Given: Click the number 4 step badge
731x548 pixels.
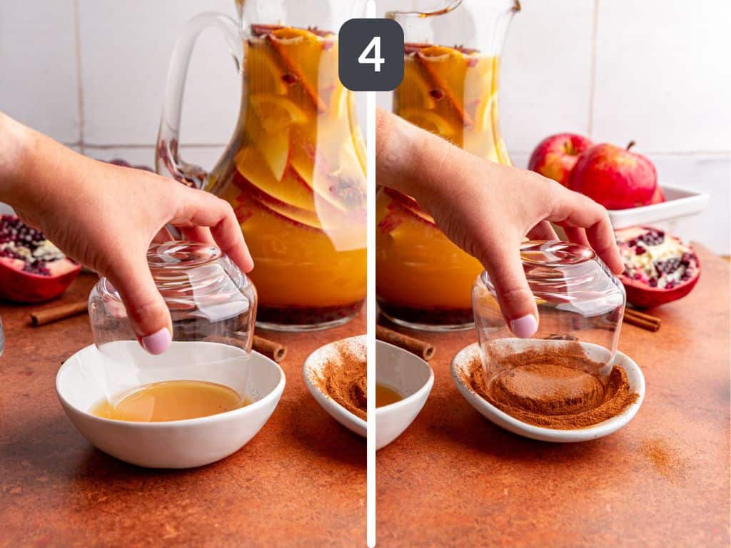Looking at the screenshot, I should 370,54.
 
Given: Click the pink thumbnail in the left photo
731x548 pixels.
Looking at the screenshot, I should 156,341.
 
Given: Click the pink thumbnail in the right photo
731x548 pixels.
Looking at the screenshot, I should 524,325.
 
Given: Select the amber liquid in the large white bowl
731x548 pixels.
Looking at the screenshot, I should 170,401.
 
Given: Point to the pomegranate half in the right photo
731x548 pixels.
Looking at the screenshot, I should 658,265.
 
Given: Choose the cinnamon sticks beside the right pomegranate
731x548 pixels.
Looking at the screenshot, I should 642,319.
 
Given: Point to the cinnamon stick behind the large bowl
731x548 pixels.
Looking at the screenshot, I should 268,347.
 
